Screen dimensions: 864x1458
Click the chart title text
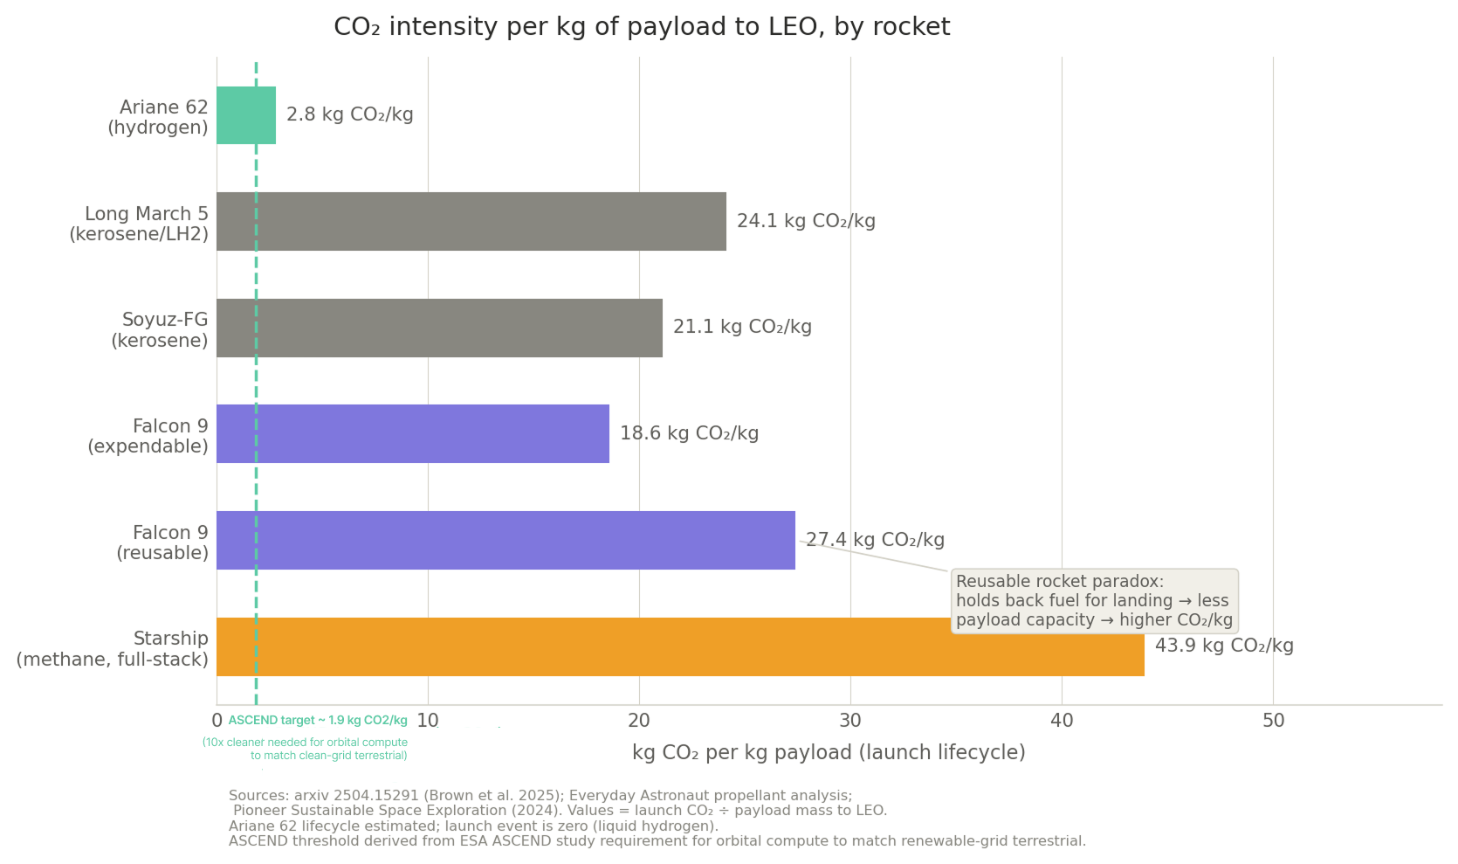642,27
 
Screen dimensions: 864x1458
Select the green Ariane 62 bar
246,115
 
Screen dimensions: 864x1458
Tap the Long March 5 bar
471,222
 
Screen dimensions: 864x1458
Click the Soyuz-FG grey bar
439,328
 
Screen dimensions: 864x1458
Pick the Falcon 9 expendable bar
413,434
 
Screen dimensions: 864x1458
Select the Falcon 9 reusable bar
505,540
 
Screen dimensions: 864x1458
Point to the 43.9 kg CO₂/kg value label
1224,646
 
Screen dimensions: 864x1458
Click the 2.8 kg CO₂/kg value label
350,115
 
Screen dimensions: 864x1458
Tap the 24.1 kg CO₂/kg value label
806,222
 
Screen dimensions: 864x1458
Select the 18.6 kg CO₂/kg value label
689,434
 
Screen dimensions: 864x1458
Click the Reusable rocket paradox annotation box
1094,601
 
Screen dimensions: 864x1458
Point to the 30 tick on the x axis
850,722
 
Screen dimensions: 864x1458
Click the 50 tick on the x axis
1273,722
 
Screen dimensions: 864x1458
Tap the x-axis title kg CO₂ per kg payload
829,753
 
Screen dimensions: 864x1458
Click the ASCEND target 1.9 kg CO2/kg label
318,721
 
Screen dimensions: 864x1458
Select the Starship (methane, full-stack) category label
113,649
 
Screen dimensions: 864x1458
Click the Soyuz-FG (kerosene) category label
161,330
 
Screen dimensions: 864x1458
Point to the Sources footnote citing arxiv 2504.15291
540,796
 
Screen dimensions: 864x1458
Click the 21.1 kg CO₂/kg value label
742,328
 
